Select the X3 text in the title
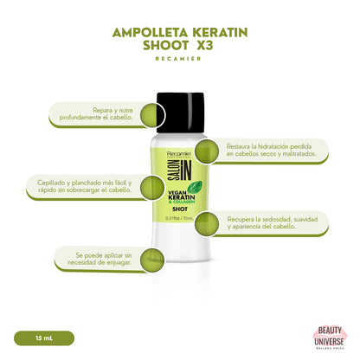[229, 49]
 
